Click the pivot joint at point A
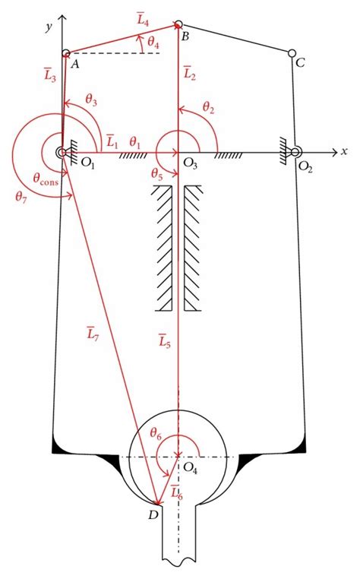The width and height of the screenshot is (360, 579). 66,53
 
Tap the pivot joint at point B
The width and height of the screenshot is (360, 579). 178,25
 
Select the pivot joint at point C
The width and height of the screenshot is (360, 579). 292,53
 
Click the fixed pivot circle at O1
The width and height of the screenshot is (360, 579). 61,152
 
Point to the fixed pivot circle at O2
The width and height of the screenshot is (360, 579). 295,152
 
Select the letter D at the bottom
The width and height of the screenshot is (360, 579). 153,517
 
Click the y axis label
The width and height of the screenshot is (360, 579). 48,27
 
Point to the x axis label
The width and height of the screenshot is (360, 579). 344,151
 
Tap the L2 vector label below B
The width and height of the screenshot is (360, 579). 190,74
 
